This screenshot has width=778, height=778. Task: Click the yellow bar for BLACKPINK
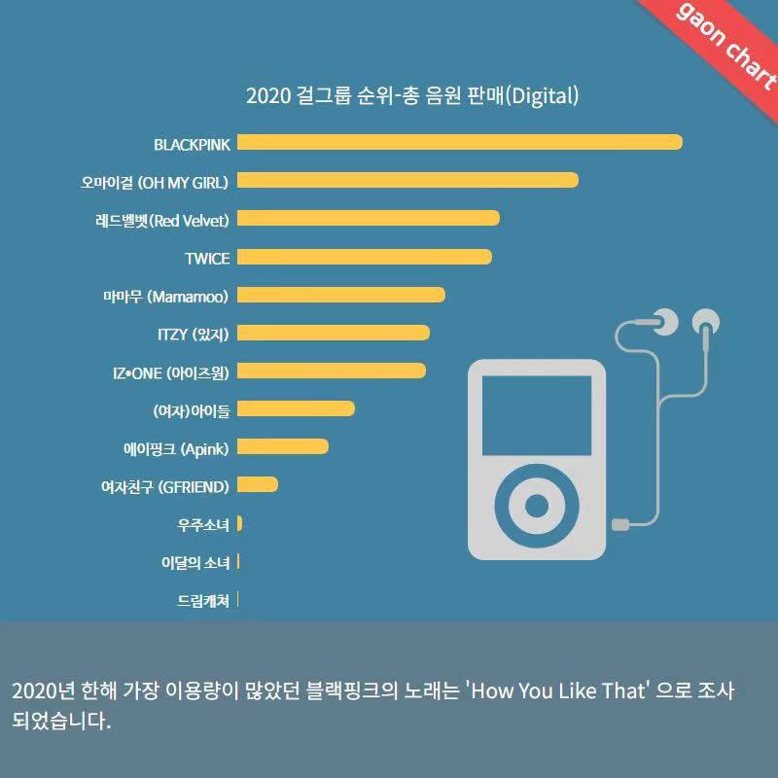pos(459,143)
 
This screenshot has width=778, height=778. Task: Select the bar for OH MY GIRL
pos(407,181)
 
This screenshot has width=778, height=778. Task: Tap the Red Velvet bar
pos(368,219)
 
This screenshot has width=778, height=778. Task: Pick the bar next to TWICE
pos(364,257)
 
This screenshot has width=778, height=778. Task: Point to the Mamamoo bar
pos(340,295)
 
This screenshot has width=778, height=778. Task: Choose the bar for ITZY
pos(333,333)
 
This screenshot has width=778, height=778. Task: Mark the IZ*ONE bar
pos(331,371)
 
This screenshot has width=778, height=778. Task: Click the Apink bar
pos(282,446)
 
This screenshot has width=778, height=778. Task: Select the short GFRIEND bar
pos(257,484)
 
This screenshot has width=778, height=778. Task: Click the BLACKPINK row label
pos(192,145)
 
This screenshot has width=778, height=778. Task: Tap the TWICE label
pos(207,259)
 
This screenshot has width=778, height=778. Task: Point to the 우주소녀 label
pos(203,524)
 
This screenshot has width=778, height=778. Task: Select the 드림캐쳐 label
pos(203,601)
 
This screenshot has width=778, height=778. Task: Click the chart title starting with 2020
pos(412,95)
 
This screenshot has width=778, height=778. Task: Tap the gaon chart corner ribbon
pos(725,44)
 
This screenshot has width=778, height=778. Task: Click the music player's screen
pos(537,415)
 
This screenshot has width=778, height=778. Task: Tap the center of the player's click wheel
pos(537,505)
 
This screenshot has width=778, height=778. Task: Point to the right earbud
pos(706,321)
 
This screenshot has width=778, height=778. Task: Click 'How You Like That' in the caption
pos(557,691)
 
